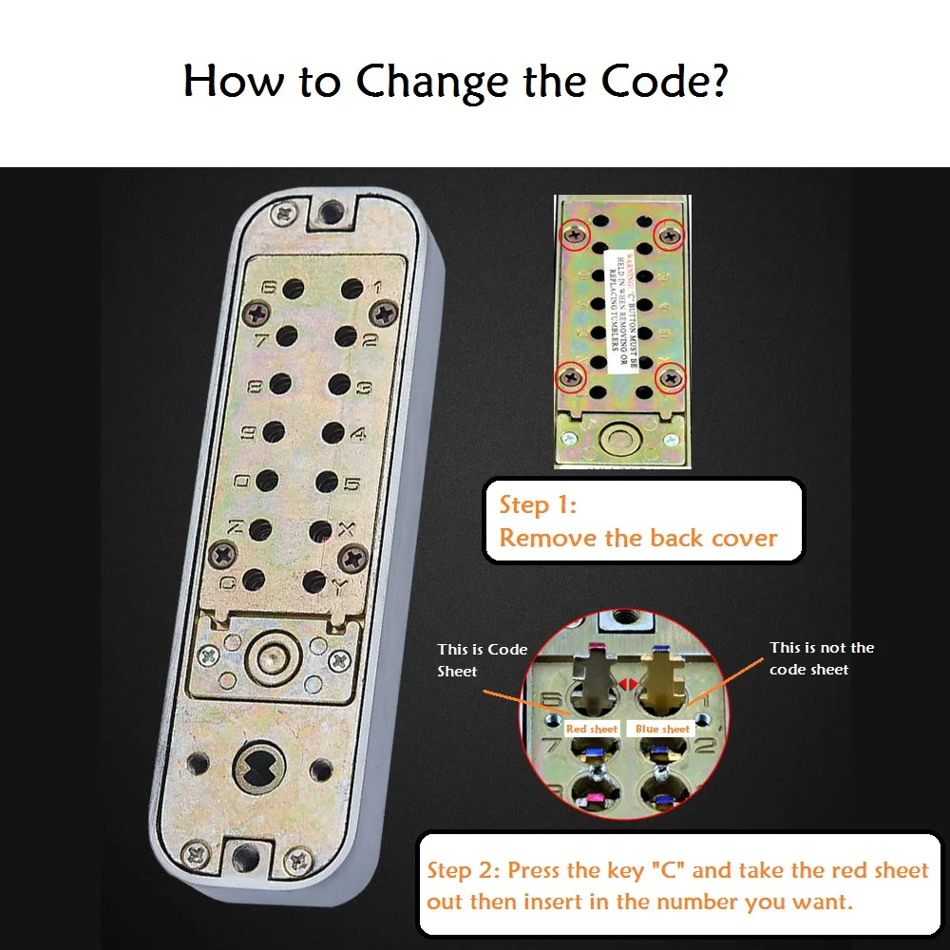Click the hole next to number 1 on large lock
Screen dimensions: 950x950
351,288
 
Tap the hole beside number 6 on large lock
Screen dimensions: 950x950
293,287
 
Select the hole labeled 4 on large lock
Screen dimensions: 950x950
332,433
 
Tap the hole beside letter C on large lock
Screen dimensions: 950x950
254,578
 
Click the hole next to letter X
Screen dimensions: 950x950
320,530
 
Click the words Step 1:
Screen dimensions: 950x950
538,504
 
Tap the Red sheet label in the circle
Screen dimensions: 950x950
591,729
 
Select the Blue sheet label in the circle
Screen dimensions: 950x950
662,729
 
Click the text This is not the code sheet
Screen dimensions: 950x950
821,658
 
